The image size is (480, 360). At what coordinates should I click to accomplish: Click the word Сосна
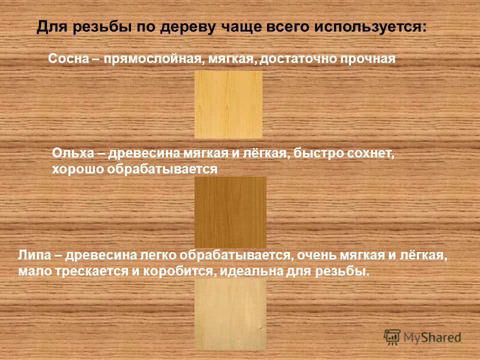tap(68, 58)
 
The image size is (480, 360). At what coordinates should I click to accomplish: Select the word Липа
tap(34, 255)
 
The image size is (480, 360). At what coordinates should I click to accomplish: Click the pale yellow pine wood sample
tap(228, 104)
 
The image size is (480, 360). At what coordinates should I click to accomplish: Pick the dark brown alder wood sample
tap(230, 212)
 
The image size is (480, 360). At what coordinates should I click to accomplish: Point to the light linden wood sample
tap(230, 314)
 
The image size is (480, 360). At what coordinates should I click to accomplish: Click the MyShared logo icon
tap(392, 337)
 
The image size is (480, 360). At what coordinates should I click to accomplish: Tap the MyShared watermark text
tap(432, 337)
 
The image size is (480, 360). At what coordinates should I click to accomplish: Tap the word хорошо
tap(78, 169)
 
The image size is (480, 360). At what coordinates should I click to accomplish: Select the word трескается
tap(91, 271)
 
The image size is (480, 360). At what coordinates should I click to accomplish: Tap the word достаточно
tap(298, 59)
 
